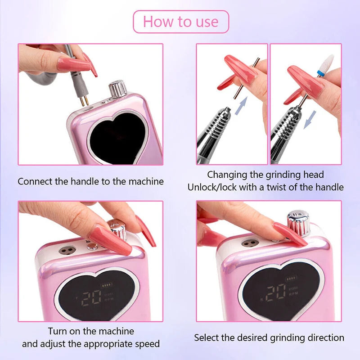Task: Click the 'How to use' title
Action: point(181,22)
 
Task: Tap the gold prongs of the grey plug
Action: point(84,100)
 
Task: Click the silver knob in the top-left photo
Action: point(117,89)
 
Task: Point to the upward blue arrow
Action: point(242,105)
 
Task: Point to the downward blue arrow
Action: point(310,120)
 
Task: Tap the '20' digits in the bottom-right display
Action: point(275,293)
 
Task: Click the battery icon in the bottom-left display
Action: point(107,285)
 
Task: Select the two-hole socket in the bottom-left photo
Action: point(67,250)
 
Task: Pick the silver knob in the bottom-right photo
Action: point(298,223)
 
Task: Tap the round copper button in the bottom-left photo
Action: point(92,247)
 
